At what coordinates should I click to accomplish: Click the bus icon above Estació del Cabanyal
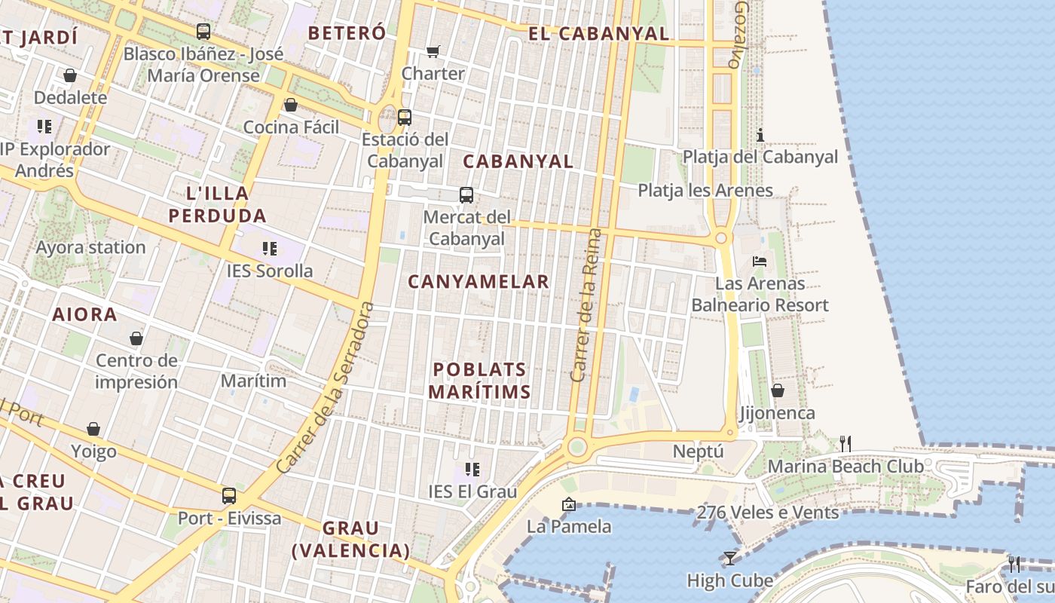pos(405,117)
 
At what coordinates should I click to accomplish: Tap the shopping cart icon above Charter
pos(433,51)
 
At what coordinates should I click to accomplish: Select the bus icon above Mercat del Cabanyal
pos(466,195)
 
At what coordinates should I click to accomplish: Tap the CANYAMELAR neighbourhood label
pos(479,282)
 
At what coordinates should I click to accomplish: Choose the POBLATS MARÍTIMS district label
pos(480,381)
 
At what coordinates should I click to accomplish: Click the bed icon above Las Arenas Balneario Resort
pos(760,262)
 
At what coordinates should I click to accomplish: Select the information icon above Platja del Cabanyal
pos(760,135)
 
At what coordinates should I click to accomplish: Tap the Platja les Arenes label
pos(705,190)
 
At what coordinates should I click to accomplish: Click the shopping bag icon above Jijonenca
pos(777,390)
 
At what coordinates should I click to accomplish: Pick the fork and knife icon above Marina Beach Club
pos(846,444)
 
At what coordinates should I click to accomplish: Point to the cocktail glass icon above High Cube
pos(729,559)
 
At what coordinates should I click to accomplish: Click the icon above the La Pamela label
pos(569,504)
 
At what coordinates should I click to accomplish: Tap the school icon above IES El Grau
pos(472,470)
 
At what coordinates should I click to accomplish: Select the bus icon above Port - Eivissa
pos(229,496)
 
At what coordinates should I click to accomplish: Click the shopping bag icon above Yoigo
pos(93,429)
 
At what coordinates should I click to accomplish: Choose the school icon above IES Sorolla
pos(270,248)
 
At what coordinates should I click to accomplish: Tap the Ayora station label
pos(90,247)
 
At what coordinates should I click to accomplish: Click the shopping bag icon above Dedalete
pos(70,75)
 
